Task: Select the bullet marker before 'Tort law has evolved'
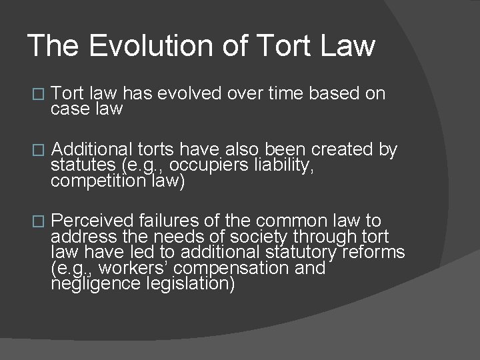pos(37,95)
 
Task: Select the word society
pos(257,237)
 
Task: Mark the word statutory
pos(305,253)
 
